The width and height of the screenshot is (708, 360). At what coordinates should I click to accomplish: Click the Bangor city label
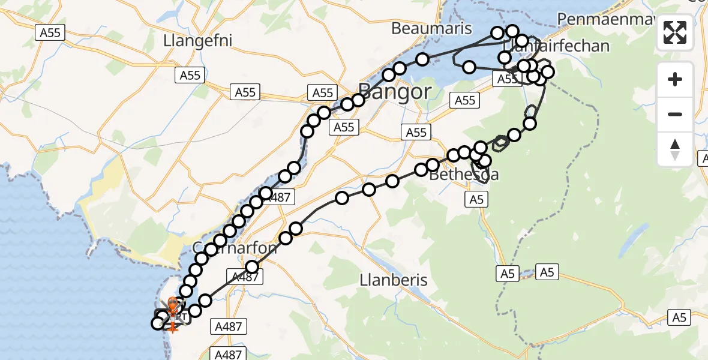(x=394, y=92)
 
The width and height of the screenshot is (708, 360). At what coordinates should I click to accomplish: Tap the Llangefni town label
(x=197, y=40)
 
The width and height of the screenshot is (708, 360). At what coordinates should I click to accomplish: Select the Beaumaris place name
(x=431, y=28)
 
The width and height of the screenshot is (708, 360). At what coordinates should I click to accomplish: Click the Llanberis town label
(x=394, y=280)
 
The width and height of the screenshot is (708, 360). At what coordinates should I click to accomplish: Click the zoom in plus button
(x=675, y=79)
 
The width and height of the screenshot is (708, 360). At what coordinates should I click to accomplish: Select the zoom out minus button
(x=675, y=114)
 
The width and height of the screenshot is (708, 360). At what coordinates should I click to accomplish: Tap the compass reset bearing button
(x=675, y=149)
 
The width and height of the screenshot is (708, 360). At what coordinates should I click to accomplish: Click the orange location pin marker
(x=173, y=304)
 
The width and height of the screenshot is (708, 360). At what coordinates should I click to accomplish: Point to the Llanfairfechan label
(x=556, y=46)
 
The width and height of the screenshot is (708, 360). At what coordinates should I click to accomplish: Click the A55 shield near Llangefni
(x=190, y=75)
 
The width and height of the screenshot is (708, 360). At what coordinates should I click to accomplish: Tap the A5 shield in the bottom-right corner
(x=679, y=317)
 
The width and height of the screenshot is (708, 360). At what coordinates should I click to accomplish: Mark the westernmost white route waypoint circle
(x=158, y=323)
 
